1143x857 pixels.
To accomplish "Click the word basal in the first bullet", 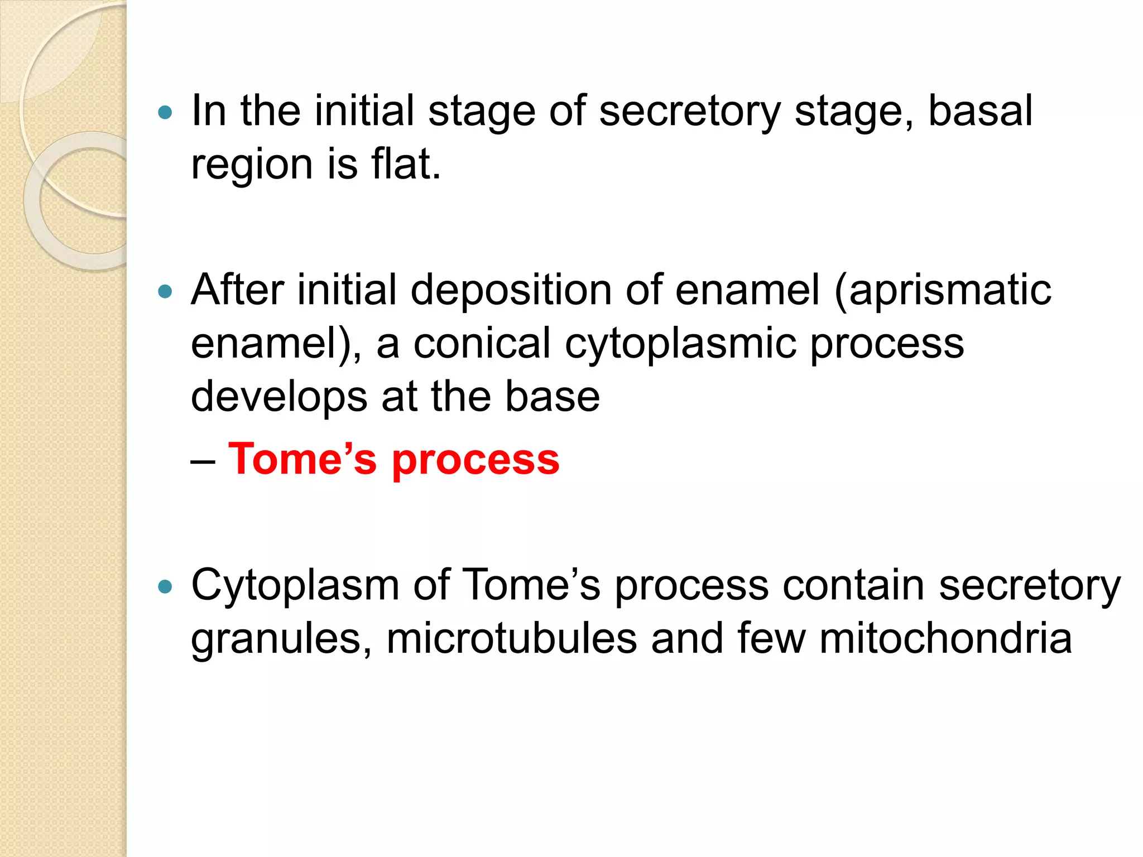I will point(980,111).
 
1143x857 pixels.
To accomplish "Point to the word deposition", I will point(511,291).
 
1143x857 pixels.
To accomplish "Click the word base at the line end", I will point(552,396).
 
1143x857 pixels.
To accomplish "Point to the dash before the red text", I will point(202,461).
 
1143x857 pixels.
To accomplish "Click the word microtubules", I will point(511,639).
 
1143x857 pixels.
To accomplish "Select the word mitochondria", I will point(945,639).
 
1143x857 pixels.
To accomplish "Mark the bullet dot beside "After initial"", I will point(165,291).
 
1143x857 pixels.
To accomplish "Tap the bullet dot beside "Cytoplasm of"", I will point(165,587).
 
